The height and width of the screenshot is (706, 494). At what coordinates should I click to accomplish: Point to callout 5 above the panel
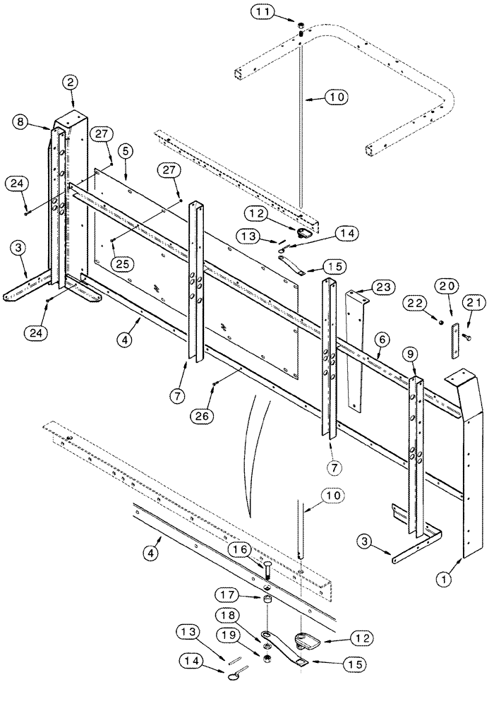pos(125,150)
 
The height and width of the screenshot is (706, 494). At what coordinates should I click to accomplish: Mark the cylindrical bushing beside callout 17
pos(269,600)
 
